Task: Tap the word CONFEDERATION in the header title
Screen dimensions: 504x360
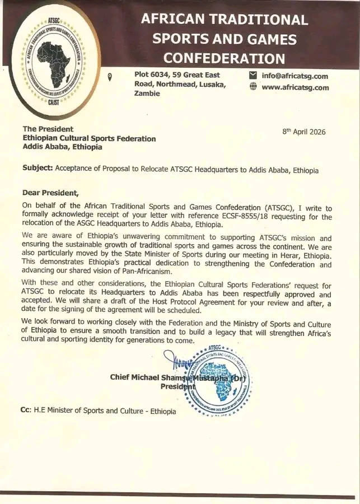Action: (x=225, y=58)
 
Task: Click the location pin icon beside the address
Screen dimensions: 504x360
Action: (x=110, y=77)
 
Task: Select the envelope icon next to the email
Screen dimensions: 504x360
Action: (x=253, y=76)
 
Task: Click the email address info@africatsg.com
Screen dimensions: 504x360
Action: (x=295, y=76)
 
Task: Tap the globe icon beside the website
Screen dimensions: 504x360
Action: (x=253, y=87)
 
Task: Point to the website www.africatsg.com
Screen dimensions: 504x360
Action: (x=295, y=87)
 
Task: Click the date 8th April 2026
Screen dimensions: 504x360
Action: (x=304, y=132)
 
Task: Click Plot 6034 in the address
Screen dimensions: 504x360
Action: (x=154, y=75)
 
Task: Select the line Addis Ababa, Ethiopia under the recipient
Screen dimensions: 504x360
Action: (x=63, y=147)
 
